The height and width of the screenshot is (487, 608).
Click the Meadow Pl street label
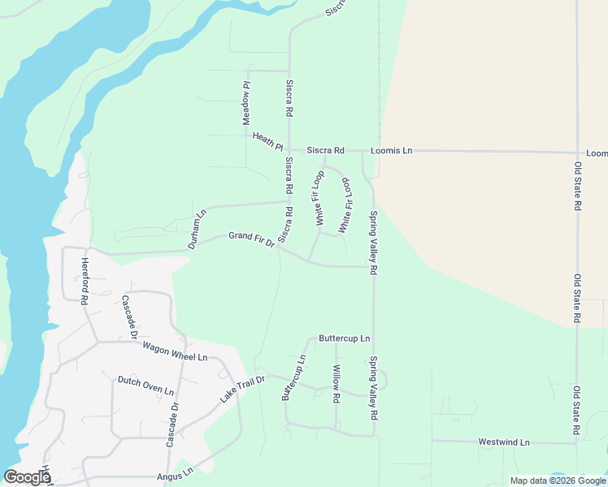[245, 102]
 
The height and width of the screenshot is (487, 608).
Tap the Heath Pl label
[267, 141]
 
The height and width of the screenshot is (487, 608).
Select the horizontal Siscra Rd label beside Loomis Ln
[325, 151]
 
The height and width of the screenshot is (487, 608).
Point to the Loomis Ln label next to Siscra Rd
[392, 151]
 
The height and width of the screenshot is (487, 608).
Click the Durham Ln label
[198, 229]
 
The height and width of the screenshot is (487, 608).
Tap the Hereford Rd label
[84, 280]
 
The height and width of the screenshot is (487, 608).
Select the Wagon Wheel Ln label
[175, 351]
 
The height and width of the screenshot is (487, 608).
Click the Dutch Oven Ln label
[146, 385]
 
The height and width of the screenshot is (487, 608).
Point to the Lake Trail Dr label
[242, 390]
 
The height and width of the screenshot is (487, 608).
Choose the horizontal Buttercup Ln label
[344, 338]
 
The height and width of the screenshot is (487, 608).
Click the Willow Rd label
[336, 385]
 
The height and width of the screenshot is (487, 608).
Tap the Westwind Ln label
[504, 442]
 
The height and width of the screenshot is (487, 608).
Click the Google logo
[26, 477]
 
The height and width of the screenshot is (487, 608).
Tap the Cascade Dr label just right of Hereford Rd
[128, 316]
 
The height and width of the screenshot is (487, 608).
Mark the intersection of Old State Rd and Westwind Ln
[576, 443]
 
